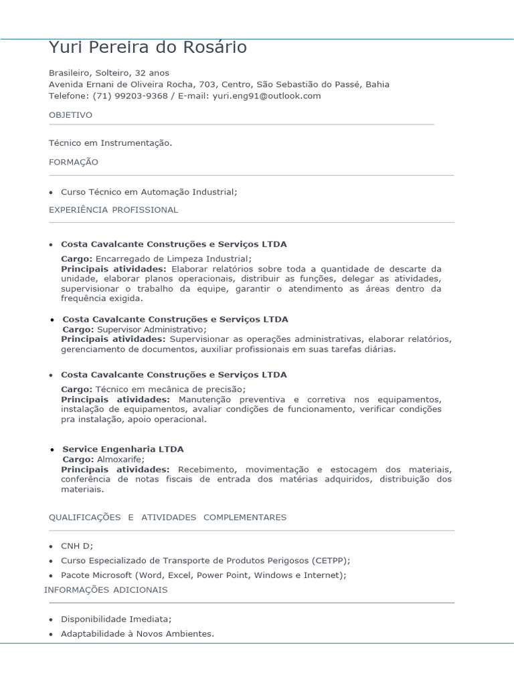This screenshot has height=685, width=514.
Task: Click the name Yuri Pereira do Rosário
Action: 148,48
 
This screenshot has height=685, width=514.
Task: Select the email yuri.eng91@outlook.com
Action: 266,96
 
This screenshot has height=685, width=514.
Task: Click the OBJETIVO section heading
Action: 70,115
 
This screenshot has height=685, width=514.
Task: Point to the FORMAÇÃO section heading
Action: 73,162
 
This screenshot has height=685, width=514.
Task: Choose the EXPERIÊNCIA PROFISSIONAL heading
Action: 113,209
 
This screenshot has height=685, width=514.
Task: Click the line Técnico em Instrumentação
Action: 110,142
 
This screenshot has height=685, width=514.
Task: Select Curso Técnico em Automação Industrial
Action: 149,192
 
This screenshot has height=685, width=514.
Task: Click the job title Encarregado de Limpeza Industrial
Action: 173,259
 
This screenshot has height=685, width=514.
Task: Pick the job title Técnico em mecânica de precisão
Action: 171,389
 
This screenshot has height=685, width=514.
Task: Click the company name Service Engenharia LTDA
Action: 122,449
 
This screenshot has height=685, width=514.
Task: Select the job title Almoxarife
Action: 120,460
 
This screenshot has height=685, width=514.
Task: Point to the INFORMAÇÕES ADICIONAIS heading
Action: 106,590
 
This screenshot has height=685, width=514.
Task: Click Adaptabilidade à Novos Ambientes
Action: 137,633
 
